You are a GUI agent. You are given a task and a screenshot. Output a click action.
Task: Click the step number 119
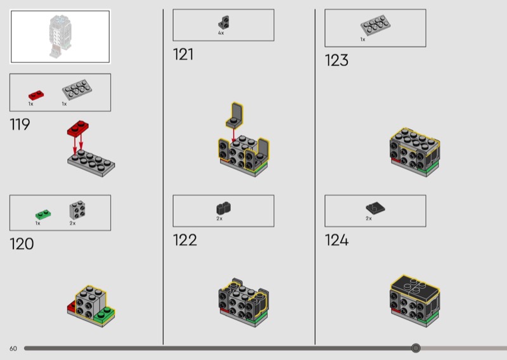[20, 124]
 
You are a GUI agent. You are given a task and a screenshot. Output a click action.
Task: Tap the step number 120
[22, 244]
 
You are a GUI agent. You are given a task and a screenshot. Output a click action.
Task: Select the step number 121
[183, 55]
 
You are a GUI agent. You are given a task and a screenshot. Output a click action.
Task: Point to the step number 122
[185, 240]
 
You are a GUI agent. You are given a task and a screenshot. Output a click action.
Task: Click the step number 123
[337, 60]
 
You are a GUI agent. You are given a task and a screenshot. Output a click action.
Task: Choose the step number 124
[337, 240]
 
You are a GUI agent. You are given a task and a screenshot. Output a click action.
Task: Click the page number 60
[13, 349]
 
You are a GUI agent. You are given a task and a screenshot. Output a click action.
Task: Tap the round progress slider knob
[416, 348]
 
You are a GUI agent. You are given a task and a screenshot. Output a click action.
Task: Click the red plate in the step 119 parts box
[36, 95]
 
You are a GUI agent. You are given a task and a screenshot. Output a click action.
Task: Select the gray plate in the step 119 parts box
[77, 89]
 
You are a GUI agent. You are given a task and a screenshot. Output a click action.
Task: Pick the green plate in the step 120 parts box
[43, 215]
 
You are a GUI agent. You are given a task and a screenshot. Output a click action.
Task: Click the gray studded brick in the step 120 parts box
[77, 210]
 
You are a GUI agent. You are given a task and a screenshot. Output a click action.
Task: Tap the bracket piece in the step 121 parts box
[224, 22]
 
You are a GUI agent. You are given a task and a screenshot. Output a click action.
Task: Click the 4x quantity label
[221, 33]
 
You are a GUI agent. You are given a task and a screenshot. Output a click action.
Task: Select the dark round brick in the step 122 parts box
[224, 209]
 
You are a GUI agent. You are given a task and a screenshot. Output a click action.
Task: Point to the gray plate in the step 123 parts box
[375, 25]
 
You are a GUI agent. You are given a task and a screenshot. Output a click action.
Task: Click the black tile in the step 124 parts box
[375, 209]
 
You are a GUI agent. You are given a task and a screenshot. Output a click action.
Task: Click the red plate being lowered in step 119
[78, 128]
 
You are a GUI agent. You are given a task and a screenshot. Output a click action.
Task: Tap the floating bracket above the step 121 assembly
[234, 115]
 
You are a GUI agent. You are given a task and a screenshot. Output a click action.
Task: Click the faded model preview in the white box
[60, 37]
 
